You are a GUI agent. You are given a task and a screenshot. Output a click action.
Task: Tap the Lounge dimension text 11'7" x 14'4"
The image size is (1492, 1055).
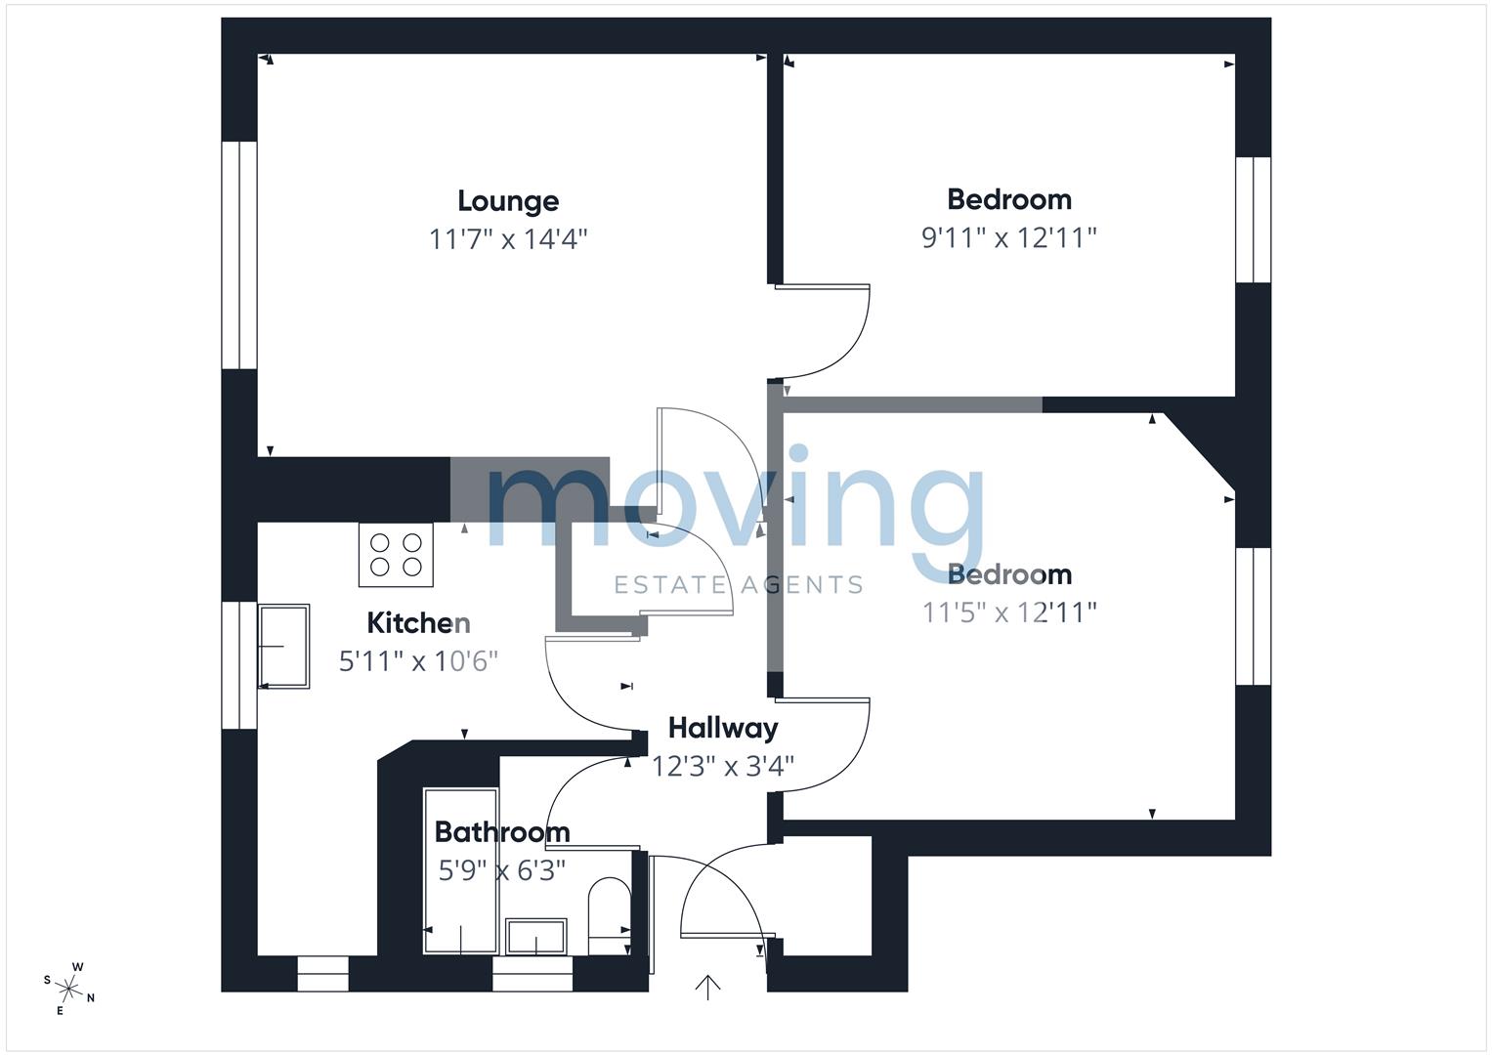click(x=507, y=238)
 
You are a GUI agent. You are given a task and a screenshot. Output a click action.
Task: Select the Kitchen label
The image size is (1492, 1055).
click(x=418, y=623)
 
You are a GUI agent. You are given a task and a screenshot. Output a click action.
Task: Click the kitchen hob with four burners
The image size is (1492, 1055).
click(x=396, y=555)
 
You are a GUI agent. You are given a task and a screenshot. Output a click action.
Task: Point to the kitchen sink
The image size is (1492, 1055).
click(x=283, y=646)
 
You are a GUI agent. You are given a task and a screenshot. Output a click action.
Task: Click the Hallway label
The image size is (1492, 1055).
click(x=723, y=729)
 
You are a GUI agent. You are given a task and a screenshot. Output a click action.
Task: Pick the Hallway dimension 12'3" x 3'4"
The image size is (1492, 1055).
click(x=723, y=767)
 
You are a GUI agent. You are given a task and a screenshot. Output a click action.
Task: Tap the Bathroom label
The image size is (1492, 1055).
click(x=502, y=832)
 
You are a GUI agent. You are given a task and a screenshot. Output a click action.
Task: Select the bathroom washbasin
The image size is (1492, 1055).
click(x=536, y=937)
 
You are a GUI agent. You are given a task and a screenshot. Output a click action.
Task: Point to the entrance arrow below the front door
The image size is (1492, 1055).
click(x=707, y=988)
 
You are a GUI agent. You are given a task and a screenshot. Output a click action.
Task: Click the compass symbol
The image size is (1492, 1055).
click(x=68, y=989)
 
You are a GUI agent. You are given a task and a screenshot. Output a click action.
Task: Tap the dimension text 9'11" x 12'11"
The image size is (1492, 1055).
click(x=1008, y=237)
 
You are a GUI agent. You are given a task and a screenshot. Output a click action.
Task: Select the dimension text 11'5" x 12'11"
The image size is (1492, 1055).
click(x=1008, y=612)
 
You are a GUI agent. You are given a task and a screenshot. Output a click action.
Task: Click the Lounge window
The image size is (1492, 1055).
click(x=239, y=255)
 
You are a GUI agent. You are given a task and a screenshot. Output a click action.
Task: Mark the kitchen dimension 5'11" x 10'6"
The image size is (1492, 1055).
click(x=418, y=661)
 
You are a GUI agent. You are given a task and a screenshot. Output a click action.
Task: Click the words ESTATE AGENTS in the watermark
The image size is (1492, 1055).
click(x=738, y=585)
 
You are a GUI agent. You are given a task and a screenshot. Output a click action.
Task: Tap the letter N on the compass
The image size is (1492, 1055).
click(x=91, y=998)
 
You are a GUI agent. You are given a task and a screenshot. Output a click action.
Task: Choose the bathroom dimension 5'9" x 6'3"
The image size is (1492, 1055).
click(x=501, y=870)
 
